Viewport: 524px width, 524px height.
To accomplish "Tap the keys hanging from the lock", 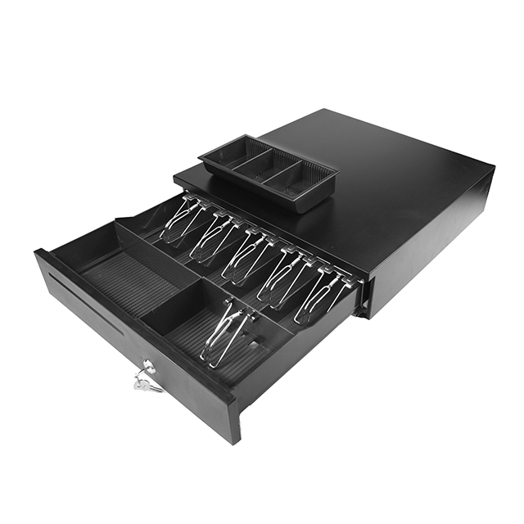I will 146,382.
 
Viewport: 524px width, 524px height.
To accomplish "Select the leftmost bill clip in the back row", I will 180,219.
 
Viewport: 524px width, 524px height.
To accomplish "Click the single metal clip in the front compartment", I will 224,332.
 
